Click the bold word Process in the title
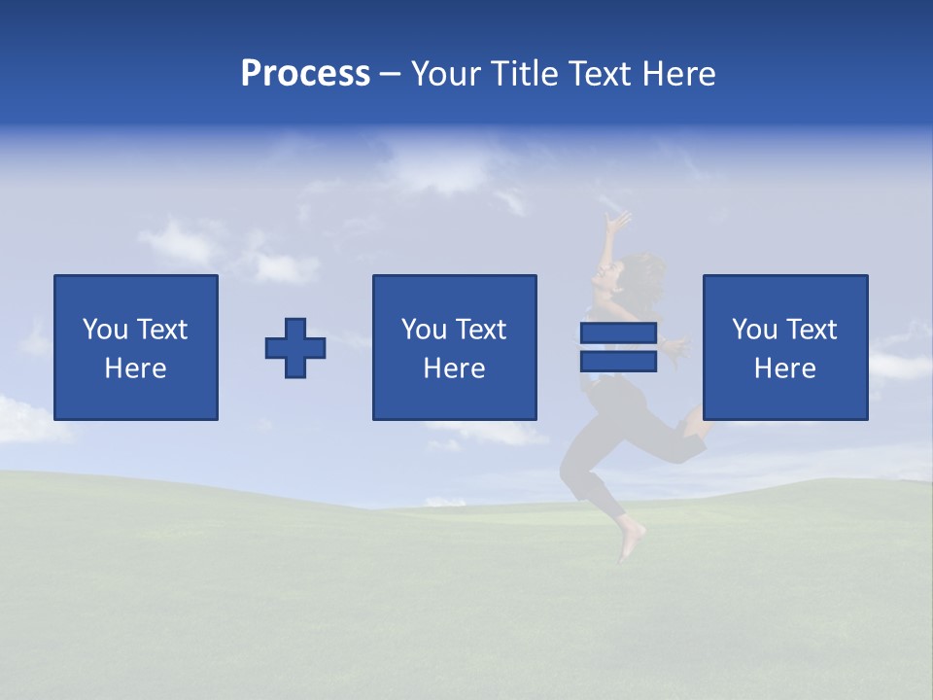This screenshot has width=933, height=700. click(x=305, y=74)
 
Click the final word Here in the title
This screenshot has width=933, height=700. click(x=679, y=74)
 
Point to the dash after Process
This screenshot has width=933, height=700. click(x=391, y=75)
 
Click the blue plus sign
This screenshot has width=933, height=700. click(x=295, y=348)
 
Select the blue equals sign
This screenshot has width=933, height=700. click(x=618, y=347)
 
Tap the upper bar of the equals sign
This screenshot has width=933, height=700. click(x=618, y=333)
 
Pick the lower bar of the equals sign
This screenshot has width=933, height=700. click(x=618, y=361)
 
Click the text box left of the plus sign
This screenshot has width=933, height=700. click(x=136, y=347)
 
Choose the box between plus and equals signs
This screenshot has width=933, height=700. click(x=454, y=347)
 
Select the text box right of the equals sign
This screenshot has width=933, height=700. click(x=784, y=347)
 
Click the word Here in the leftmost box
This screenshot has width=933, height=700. click(x=136, y=368)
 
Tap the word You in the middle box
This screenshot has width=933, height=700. click(x=424, y=330)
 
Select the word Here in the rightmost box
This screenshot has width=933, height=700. click(x=784, y=368)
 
